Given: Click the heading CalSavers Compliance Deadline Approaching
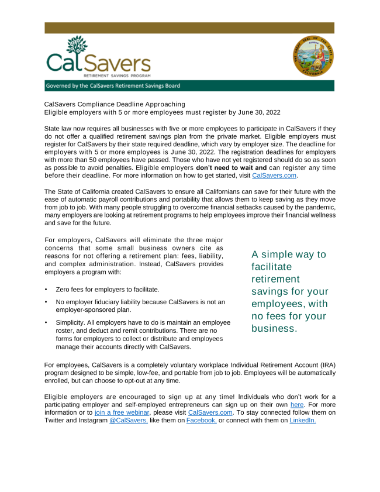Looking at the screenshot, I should click(115, 104).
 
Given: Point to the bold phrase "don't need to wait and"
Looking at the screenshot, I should click(231, 168).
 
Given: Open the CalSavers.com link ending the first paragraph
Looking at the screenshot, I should click(274, 176).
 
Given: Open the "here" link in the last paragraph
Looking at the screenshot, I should click(297, 404).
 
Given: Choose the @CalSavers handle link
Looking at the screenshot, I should click(129, 420).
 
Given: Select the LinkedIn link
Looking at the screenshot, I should click(302, 420).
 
